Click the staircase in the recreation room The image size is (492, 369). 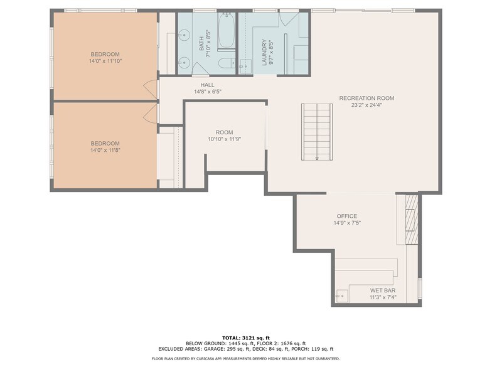tap(317, 132)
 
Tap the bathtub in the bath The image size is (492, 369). tap(226, 31)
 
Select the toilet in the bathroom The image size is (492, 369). tap(227, 64)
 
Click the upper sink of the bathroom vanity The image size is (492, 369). tap(184, 35)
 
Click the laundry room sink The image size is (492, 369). tap(245, 67)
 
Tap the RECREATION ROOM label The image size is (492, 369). tap(366, 98)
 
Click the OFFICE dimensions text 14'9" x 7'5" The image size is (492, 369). tap(347, 223)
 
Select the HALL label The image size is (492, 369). tap(207, 85)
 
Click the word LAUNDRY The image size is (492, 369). tap(264, 53)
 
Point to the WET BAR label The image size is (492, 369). tap(383, 291)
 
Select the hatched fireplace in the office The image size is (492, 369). tap(412, 220)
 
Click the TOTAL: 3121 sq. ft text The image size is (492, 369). tap(246, 338)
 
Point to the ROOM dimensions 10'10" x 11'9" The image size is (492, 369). tap(225, 139)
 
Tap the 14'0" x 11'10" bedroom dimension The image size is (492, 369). tap(105, 61)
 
